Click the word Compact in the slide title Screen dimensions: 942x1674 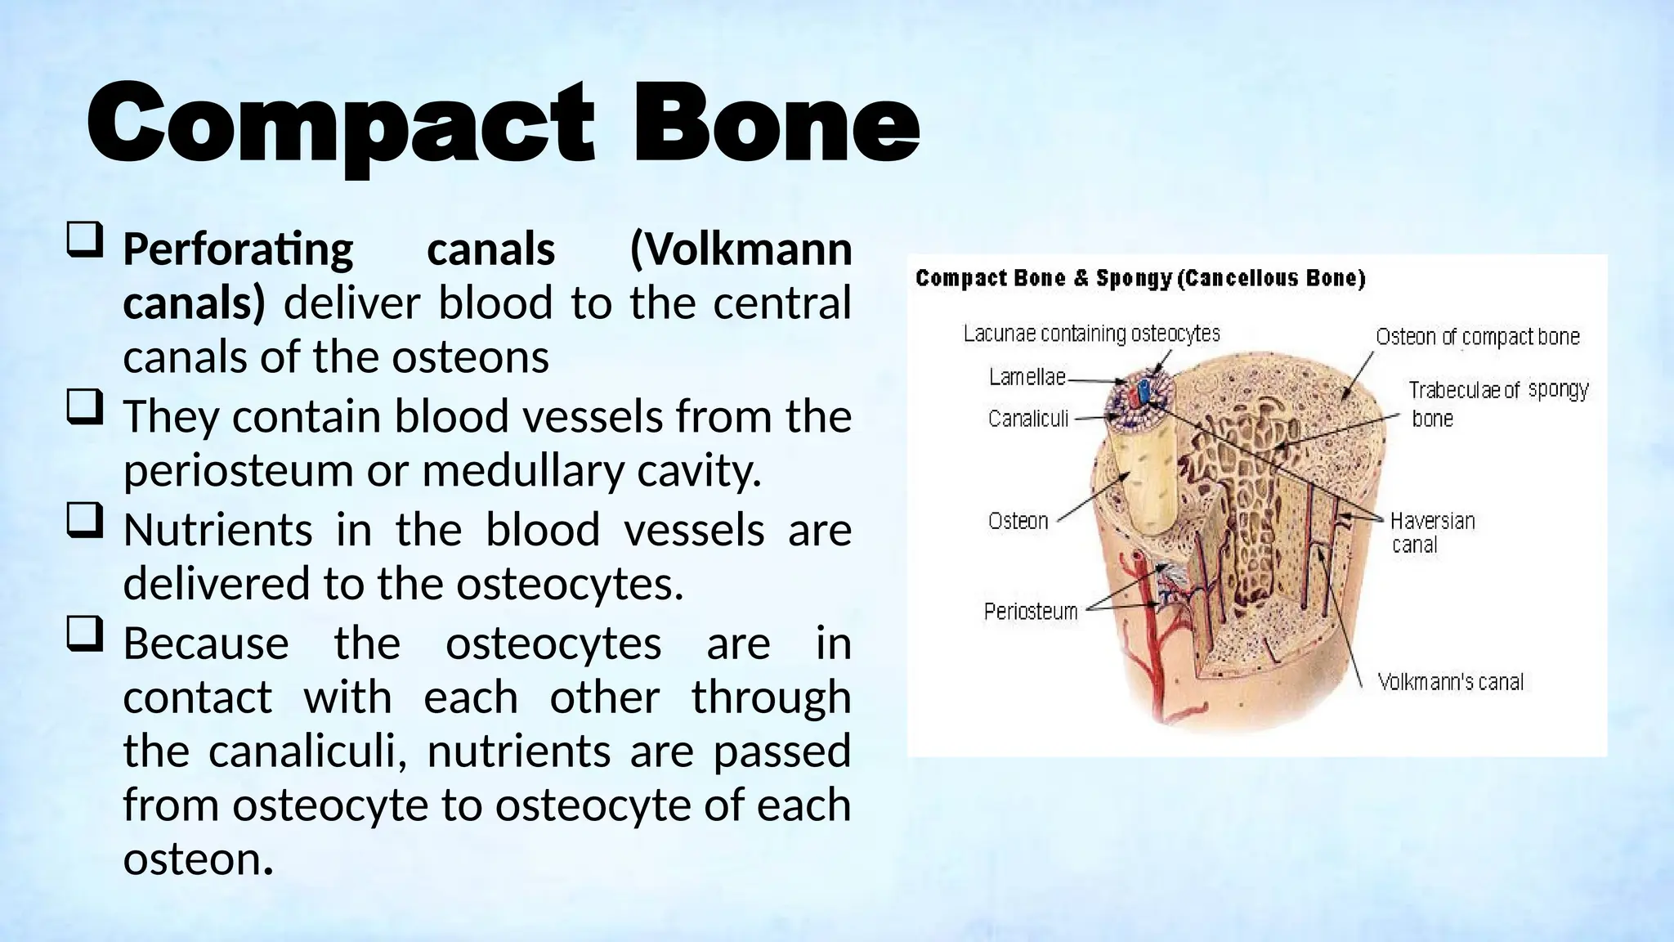pyautogui.click(x=339, y=124)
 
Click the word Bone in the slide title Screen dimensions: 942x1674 pyautogui.click(x=777, y=124)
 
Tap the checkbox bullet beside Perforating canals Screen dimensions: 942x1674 pyautogui.click(x=84, y=242)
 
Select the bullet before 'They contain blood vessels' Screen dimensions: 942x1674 pyautogui.click(x=84, y=408)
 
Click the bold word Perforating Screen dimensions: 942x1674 pyautogui.click(x=238, y=249)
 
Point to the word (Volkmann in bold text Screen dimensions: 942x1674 pyautogui.click(x=741, y=249)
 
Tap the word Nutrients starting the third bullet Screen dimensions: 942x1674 pyautogui.click(x=217, y=529)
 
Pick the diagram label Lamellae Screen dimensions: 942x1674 pyautogui.click(x=1027, y=377)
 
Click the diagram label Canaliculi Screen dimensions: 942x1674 pyautogui.click(x=1027, y=419)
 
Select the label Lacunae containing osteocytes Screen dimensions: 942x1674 pyautogui.click(x=1091, y=334)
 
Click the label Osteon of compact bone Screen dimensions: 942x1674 pyautogui.click(x=1477, y=337)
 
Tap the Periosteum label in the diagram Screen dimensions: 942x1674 pyautogui.click(x=1030, y=611)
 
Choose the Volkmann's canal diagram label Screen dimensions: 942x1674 pyautogui.click(x=1450, y=682)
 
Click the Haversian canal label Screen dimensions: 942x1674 pyautogui.click(x=1431, y=532)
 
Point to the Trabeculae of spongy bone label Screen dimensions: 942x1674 pyautogui.click(x=1497, y=403)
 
